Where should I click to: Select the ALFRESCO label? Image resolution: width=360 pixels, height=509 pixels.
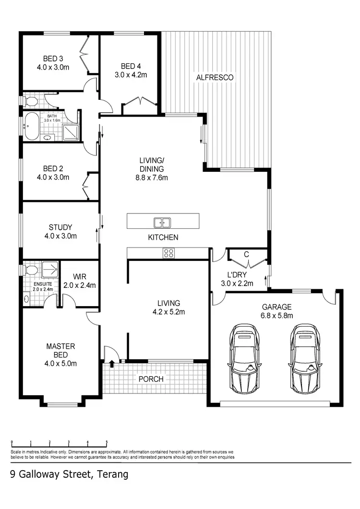214,77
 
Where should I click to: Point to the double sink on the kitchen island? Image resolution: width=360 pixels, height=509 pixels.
162,223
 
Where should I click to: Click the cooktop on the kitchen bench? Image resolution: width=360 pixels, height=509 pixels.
168,252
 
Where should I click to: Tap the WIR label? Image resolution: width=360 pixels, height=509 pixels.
79,277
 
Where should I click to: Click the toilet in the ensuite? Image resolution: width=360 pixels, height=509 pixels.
31,270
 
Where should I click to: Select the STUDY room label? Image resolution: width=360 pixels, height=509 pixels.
60,227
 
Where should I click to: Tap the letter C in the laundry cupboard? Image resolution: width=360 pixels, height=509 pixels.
246,255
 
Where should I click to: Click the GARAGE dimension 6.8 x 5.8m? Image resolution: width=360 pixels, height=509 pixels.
277,315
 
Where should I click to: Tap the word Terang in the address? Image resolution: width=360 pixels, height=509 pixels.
112,475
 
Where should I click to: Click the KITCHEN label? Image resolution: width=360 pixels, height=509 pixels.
163,237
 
